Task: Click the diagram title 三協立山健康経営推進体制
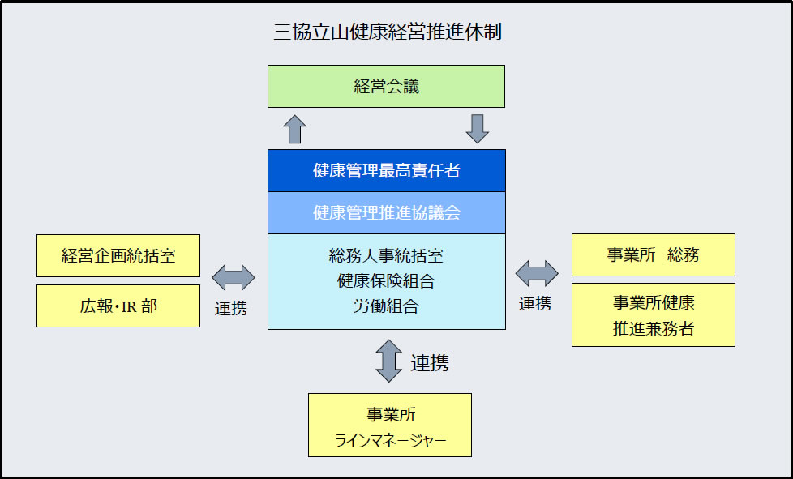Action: coord(388,32)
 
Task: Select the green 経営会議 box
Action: coord(387,87)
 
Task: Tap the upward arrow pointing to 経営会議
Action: coord(295,130)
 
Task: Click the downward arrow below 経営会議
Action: coord(477,129)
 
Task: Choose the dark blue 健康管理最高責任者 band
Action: coord(387,171)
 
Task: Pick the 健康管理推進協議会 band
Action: coord(387,212)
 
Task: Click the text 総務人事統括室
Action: coord(387,255)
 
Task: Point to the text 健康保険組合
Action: coord(387,281)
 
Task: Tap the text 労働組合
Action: coord(387,306)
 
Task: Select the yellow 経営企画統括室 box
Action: coord(118,255)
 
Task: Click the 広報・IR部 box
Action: coord(118,306)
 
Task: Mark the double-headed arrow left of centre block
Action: coord(234,277)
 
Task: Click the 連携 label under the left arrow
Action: coord(231,308)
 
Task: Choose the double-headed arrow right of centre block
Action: coord(537,273)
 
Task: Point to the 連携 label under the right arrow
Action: coord(535,303)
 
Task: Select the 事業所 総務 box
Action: coord(654,255)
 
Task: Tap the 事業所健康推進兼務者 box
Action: coord(654,314)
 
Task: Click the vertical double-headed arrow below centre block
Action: coord(389,361)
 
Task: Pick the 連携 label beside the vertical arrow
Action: coord(430,363)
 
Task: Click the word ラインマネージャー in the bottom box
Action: coord(391,441)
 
